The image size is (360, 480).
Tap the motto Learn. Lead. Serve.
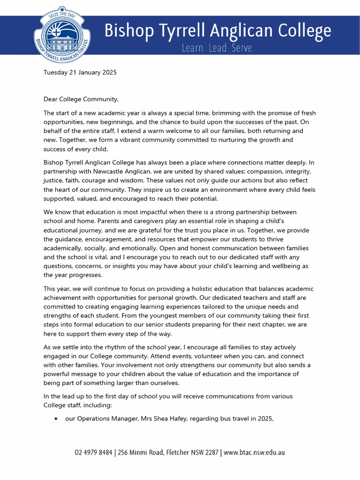pos(218,48)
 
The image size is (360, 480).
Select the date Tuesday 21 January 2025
pos(80,73)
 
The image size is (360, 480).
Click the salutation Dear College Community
pos(81,99)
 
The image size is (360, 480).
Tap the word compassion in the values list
pos(258,172)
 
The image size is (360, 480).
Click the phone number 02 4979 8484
pos(94,453)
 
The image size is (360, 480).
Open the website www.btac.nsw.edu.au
pos(254,453)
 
